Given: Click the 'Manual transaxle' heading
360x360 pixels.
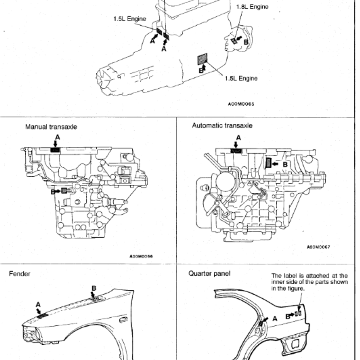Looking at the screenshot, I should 51,127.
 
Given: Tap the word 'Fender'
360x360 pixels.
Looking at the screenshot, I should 20,273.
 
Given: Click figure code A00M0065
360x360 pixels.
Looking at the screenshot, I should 241,103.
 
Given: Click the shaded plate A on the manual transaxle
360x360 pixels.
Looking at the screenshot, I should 55,150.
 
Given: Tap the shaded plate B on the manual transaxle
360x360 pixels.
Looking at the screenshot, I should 64,191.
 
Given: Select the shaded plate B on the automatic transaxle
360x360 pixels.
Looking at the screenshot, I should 269,162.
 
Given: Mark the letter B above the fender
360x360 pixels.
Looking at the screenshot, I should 94,288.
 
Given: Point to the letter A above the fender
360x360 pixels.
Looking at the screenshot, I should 38,305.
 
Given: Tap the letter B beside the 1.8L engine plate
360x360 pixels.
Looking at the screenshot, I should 246,41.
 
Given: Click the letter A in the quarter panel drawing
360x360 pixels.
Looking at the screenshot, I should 275,318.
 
